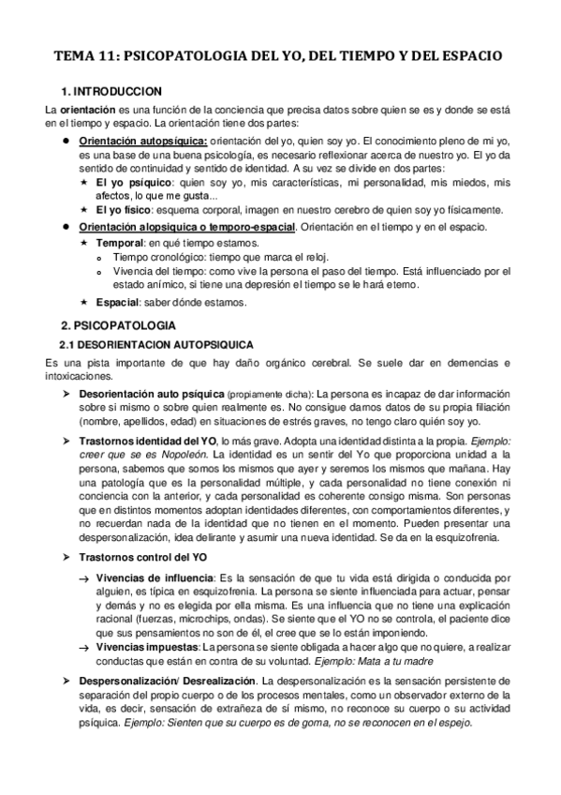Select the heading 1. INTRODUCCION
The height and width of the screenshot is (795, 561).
(111, 91)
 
